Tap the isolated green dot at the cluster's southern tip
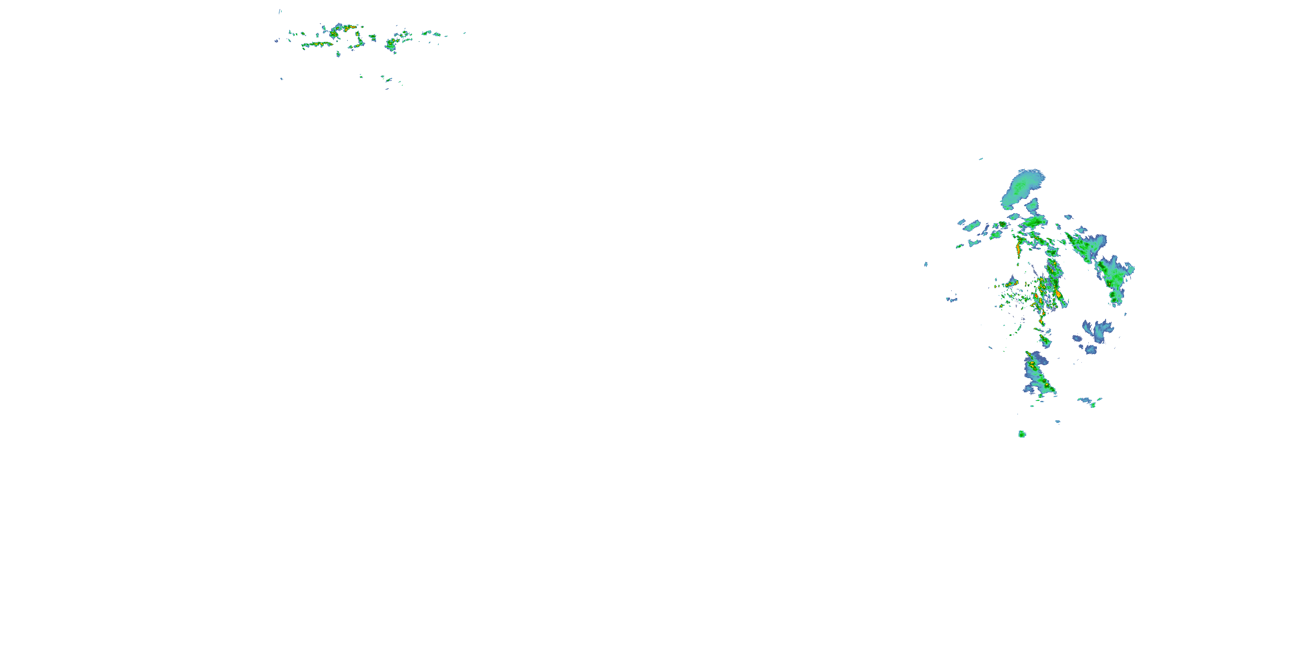(x=1022, y=434)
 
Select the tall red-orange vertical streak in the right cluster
(x=1018, y=248)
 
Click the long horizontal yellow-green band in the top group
(x=317, y=45)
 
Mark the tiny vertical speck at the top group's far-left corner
(x=280, y=11)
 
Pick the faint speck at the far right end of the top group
(x=464, y=33)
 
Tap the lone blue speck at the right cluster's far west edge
(x=926, y=264)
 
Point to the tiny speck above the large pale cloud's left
(x=981, y=159)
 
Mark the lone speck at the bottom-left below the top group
(x=281, y=79)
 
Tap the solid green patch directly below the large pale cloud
(x=1034, y=221)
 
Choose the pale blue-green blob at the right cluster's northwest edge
(x=971, y=226)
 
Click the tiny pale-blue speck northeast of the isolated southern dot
(x=1058, y=422)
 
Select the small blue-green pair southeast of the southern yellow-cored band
(x=1089, y=401)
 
